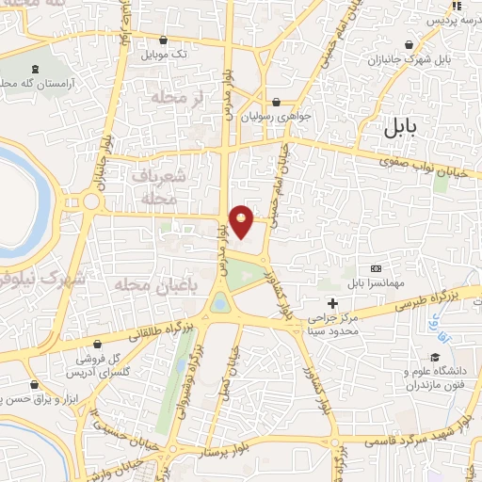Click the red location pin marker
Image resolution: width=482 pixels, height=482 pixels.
(242, 221)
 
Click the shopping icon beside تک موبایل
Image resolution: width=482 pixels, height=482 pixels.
(166, 40)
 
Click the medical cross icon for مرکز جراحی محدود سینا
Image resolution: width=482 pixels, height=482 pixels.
(331, 302)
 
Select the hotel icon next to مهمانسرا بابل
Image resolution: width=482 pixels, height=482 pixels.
(377, 268)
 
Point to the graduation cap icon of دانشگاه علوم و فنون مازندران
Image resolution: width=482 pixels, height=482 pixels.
(435, 357)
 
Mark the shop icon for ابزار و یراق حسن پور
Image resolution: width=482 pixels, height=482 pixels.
(36, 384)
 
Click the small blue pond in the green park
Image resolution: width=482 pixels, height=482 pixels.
(219, 303)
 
